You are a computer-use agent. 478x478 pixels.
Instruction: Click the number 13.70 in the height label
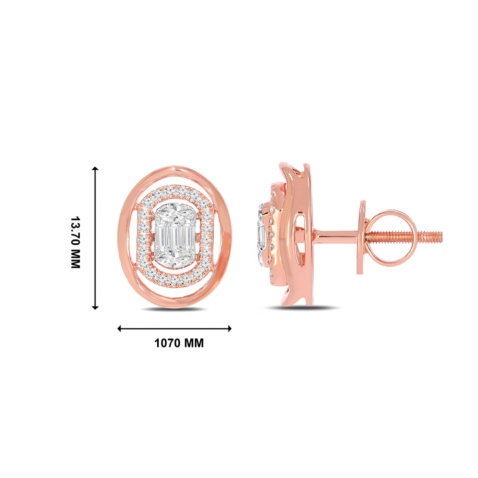click(76, 232)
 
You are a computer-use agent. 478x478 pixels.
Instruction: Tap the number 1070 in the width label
click(168, 343)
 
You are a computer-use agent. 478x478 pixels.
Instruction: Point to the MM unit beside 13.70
click(76, 259)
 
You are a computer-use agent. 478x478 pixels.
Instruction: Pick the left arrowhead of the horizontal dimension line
click(119, 328)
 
